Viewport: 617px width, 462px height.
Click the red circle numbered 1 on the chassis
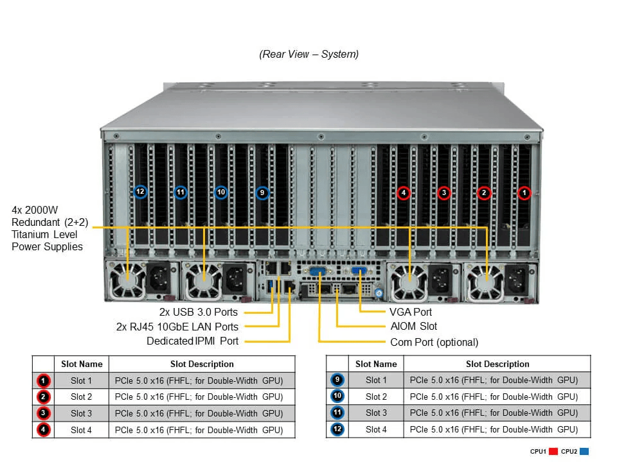tap(524, 193)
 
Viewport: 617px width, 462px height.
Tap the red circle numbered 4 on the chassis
tap(403, 193)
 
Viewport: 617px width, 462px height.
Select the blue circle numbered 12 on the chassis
tap(140, 192)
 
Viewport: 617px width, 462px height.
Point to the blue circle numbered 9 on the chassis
tap(262, 192)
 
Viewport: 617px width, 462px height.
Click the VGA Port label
tap(411, 312)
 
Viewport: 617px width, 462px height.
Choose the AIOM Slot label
tap(414, 327)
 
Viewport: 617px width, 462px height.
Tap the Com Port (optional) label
tap(434, 342)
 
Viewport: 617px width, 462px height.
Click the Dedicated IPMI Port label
tap(192, 341)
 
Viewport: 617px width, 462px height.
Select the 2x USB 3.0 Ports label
tap(199, 312)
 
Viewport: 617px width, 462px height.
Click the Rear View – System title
tap(308, 55)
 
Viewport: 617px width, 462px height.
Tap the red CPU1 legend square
tap(552, 452)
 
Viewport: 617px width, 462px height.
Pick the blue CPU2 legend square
tap(584, 452)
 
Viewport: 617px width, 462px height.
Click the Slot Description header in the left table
tap(202, 364)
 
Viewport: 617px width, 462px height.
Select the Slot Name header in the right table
tap(376, 364)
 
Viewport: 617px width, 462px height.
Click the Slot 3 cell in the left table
tap(81, 413)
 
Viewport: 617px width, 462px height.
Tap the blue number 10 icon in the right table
tap(337, 397)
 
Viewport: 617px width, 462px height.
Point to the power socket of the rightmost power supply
tap(517, 278)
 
